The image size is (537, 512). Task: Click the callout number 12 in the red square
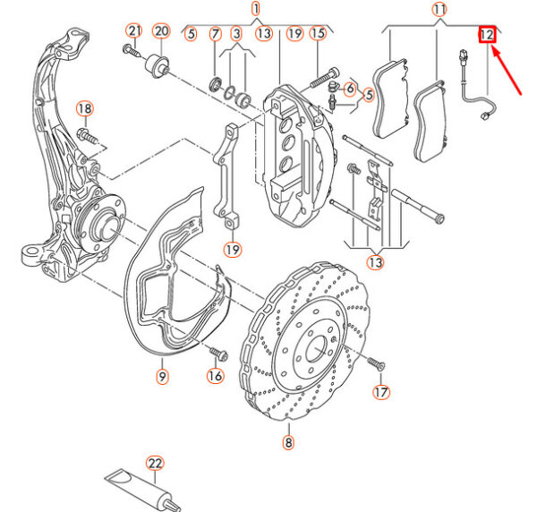487,35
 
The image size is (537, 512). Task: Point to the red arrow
507,71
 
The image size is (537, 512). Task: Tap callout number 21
134,30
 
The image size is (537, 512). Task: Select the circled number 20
161,31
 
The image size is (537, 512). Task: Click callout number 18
85,108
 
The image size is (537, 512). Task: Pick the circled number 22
155,464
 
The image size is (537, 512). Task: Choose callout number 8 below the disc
288,442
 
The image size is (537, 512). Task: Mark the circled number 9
162,376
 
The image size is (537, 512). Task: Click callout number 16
216,376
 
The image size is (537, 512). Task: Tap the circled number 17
381,392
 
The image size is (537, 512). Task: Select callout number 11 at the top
439,10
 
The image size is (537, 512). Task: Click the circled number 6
350,89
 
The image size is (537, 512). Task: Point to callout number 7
215,34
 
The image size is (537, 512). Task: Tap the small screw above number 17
377,363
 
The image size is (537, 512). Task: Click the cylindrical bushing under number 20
158,65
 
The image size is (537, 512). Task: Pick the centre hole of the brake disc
317,348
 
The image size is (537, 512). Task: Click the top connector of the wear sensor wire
464,56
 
